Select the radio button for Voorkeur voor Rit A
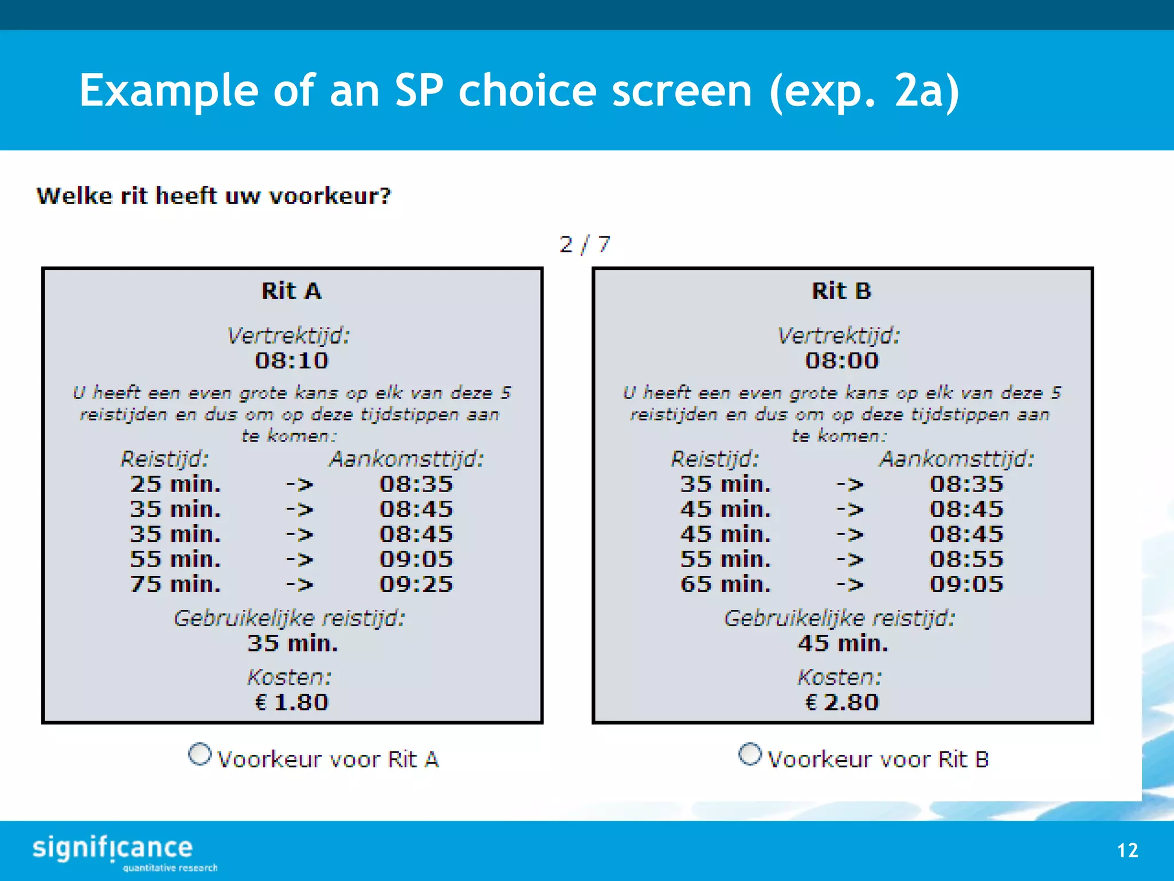pyautogui.click(x=199, y=754)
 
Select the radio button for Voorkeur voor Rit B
pyautogui.click(x=750, y=754)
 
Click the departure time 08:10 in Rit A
pyautogui.click(x=292, y=361)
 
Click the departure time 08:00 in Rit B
pyautogui.click(x=842, y=361)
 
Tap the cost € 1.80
pyautogui.click(x=292, y=702)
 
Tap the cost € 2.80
pyautogui.click(x=842, y=702)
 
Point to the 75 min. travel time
pyautogui.click(x=175, y=584)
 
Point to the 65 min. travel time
pyautogui.click(x=726, y=584)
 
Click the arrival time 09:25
pyautogui.click(x=416, y=584)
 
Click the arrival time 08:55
pyautogui.click(x=966, y=559)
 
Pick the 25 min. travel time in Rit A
pyautogui.click(x=175, y=484)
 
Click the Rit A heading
pyautogui.click(x=292, y=291)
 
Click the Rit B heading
pyautogui.click(x=842, y=291)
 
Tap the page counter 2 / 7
pyautogui.click(x=585, y=245)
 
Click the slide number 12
pyautogui.click(x=1128, y=850)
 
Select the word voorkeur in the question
pyautogui.click(x=330, y=196)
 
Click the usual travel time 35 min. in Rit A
pyautogui.click(x=292, y=644)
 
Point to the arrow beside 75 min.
pyautogui.click(x=300, y=584)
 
